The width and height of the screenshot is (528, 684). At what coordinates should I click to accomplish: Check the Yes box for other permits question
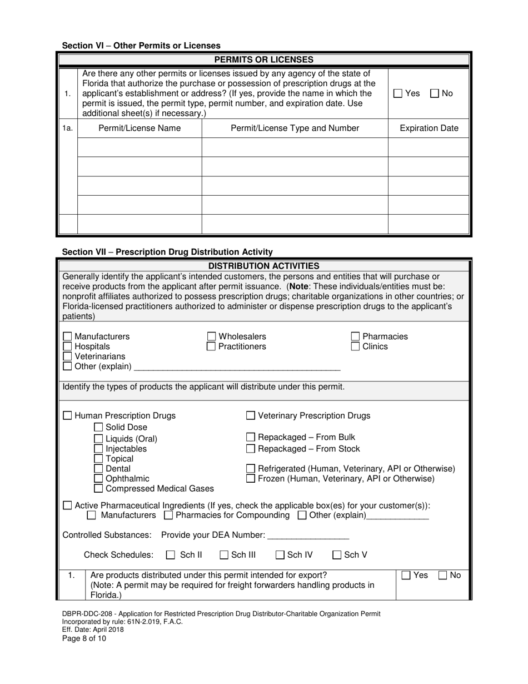click(398, 93)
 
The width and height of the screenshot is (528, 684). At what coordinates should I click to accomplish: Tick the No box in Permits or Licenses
click(435, 93)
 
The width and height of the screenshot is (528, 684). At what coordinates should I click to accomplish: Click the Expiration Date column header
click(429, 128)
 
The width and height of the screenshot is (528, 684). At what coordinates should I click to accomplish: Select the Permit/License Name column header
click(140, 128)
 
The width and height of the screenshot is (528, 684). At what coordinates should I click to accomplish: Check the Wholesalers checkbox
click(212, 336)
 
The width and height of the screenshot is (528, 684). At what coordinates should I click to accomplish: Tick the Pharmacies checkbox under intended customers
click(356, 336)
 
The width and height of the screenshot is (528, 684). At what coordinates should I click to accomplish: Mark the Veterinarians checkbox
click(67, 356)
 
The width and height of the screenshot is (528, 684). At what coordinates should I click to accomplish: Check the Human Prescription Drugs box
click(67, 415)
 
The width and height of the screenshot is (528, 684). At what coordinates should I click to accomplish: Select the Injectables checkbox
click(98, 449)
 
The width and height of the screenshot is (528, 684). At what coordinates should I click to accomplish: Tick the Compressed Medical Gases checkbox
click(98, 489)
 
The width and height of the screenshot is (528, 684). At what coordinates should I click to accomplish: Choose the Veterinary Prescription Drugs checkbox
click(251, 415)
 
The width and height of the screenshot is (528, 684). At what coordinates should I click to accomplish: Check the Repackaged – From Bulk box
click(251, 437)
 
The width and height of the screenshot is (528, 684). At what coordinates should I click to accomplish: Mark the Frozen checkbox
click(251, 478)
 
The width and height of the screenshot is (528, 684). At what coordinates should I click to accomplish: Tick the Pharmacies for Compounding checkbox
click(168, 516)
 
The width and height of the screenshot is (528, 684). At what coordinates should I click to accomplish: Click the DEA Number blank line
click(308, 535)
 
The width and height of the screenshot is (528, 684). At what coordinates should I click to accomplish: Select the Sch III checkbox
click(224, 554)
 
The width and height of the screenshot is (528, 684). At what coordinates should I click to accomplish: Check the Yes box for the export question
click(406, 576)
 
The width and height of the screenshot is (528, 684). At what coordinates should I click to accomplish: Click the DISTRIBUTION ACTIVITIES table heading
click(263, 266)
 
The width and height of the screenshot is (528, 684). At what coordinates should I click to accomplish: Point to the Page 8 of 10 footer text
click(84, 638)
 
